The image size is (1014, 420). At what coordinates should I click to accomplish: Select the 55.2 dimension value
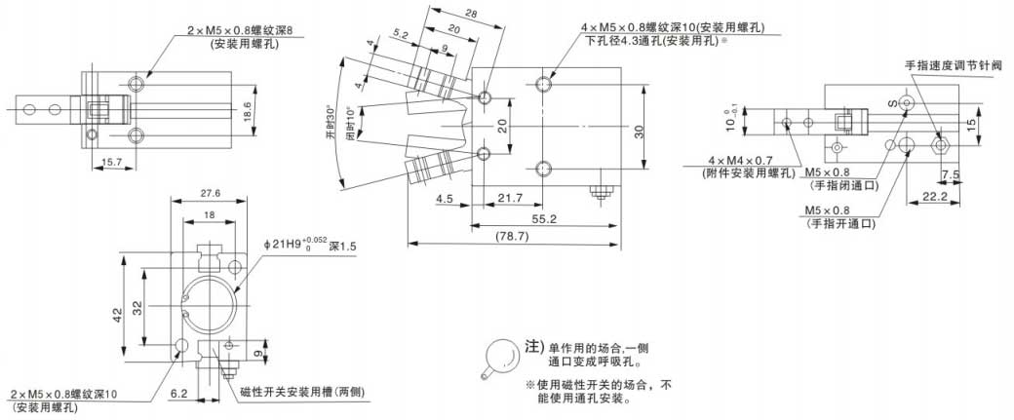[x=544, y=218]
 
